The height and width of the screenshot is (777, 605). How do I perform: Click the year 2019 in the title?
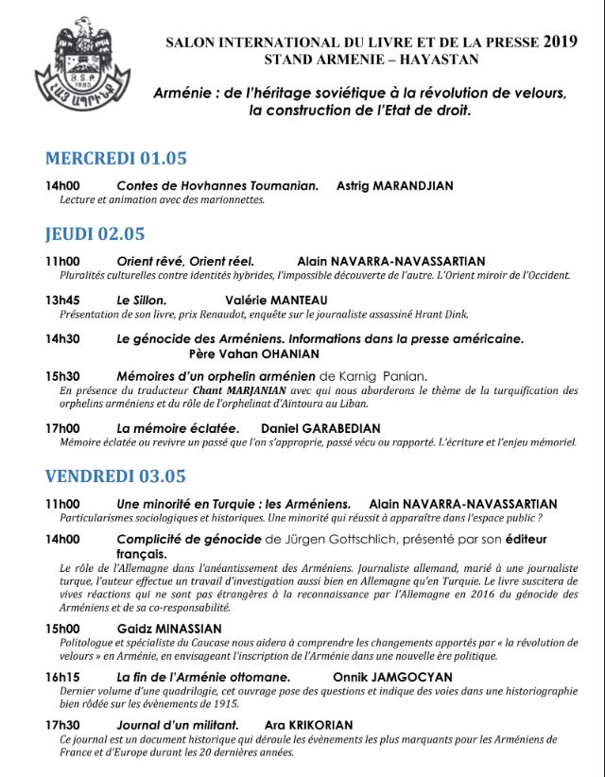[x=563, y=42]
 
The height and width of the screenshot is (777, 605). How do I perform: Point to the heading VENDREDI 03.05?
[x=115, y=476]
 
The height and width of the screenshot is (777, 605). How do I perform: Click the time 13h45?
[x=62, y=300]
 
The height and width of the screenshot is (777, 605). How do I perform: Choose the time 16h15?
[x=62, y=677]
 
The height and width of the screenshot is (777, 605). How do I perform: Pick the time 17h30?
[x=62, y=724]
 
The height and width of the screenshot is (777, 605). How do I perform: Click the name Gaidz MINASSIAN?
[x=169, y=629]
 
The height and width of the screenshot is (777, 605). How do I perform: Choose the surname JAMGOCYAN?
[x=413, y=677]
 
